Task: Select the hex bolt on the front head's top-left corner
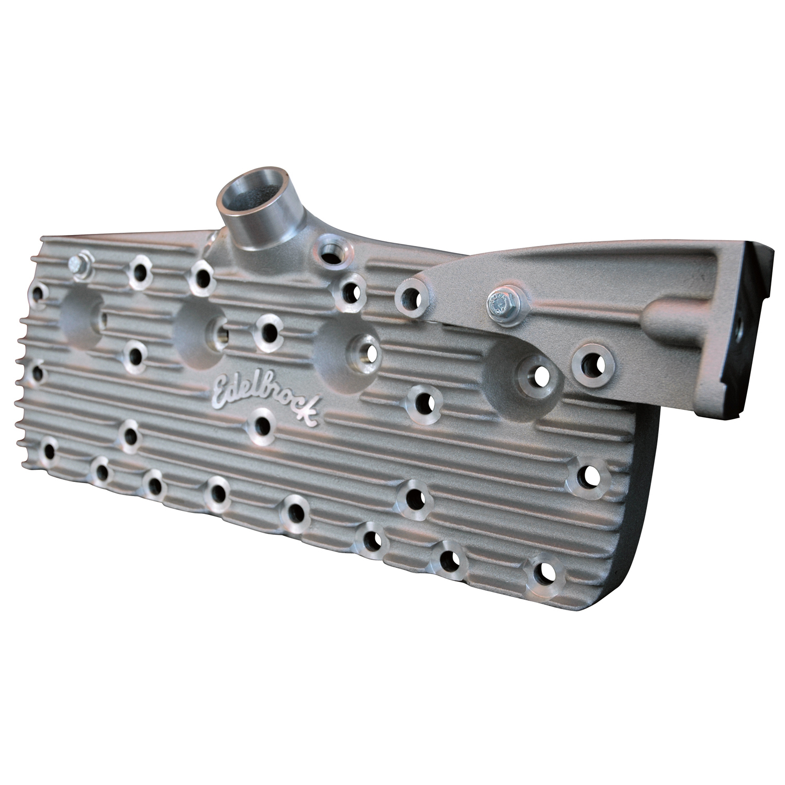pos(81,266)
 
